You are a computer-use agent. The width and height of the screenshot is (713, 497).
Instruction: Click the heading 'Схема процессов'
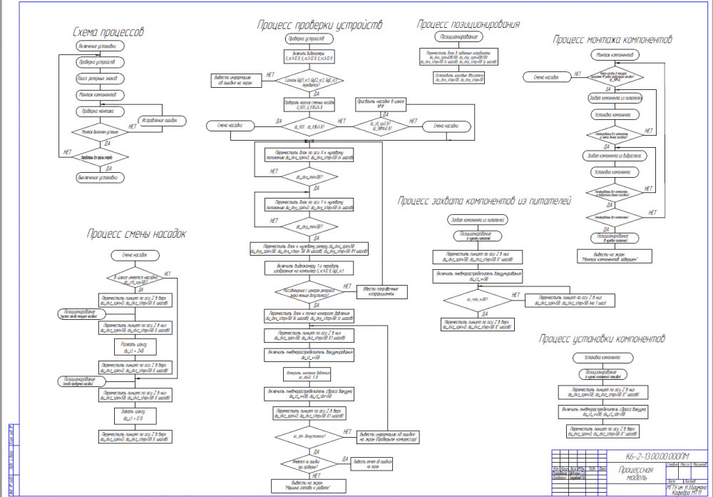tap(108, 33)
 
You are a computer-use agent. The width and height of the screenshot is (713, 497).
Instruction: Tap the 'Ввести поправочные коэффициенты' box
tap(382, 291)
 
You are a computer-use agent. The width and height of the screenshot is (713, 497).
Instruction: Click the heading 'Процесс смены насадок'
tap(136, 234)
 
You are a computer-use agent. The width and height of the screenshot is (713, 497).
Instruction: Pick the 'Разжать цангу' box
tap(134, 348)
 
